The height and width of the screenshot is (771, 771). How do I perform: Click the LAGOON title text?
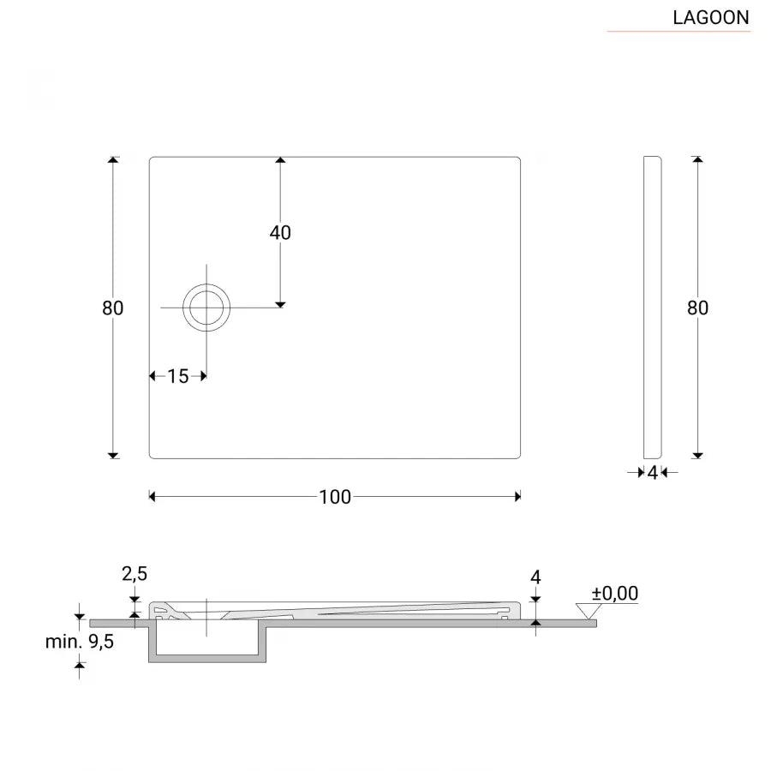tap(710, 17)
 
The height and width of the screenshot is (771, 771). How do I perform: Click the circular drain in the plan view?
tap(206, 307)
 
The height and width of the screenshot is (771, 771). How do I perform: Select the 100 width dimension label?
tap(335, 497)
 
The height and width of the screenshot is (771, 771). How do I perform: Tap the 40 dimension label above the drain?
tap(280, 233)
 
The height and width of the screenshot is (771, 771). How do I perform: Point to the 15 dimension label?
tap(178, 376)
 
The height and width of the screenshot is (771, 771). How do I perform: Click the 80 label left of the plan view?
tap(113, 308)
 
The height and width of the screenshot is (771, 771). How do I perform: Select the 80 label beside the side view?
tap(697, 308)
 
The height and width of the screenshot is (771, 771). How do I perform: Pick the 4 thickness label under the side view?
tap(652, 472)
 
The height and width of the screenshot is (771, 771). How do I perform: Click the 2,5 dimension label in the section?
tap(134, 574)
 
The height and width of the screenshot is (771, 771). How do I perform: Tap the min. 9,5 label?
tap(80, 642)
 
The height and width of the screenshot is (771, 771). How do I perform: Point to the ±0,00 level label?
tap(615, 593)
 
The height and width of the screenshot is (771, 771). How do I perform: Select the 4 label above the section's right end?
tap(535, 577)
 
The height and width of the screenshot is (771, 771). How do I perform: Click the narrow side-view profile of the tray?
tap(652, 308)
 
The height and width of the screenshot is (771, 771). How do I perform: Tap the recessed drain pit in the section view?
tap(207, 642)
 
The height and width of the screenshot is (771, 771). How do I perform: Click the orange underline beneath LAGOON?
tap(678, 32)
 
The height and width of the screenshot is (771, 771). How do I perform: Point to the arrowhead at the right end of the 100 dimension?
tap(517, 496)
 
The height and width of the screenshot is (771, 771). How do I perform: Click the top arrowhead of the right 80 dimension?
tap(697, 160)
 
